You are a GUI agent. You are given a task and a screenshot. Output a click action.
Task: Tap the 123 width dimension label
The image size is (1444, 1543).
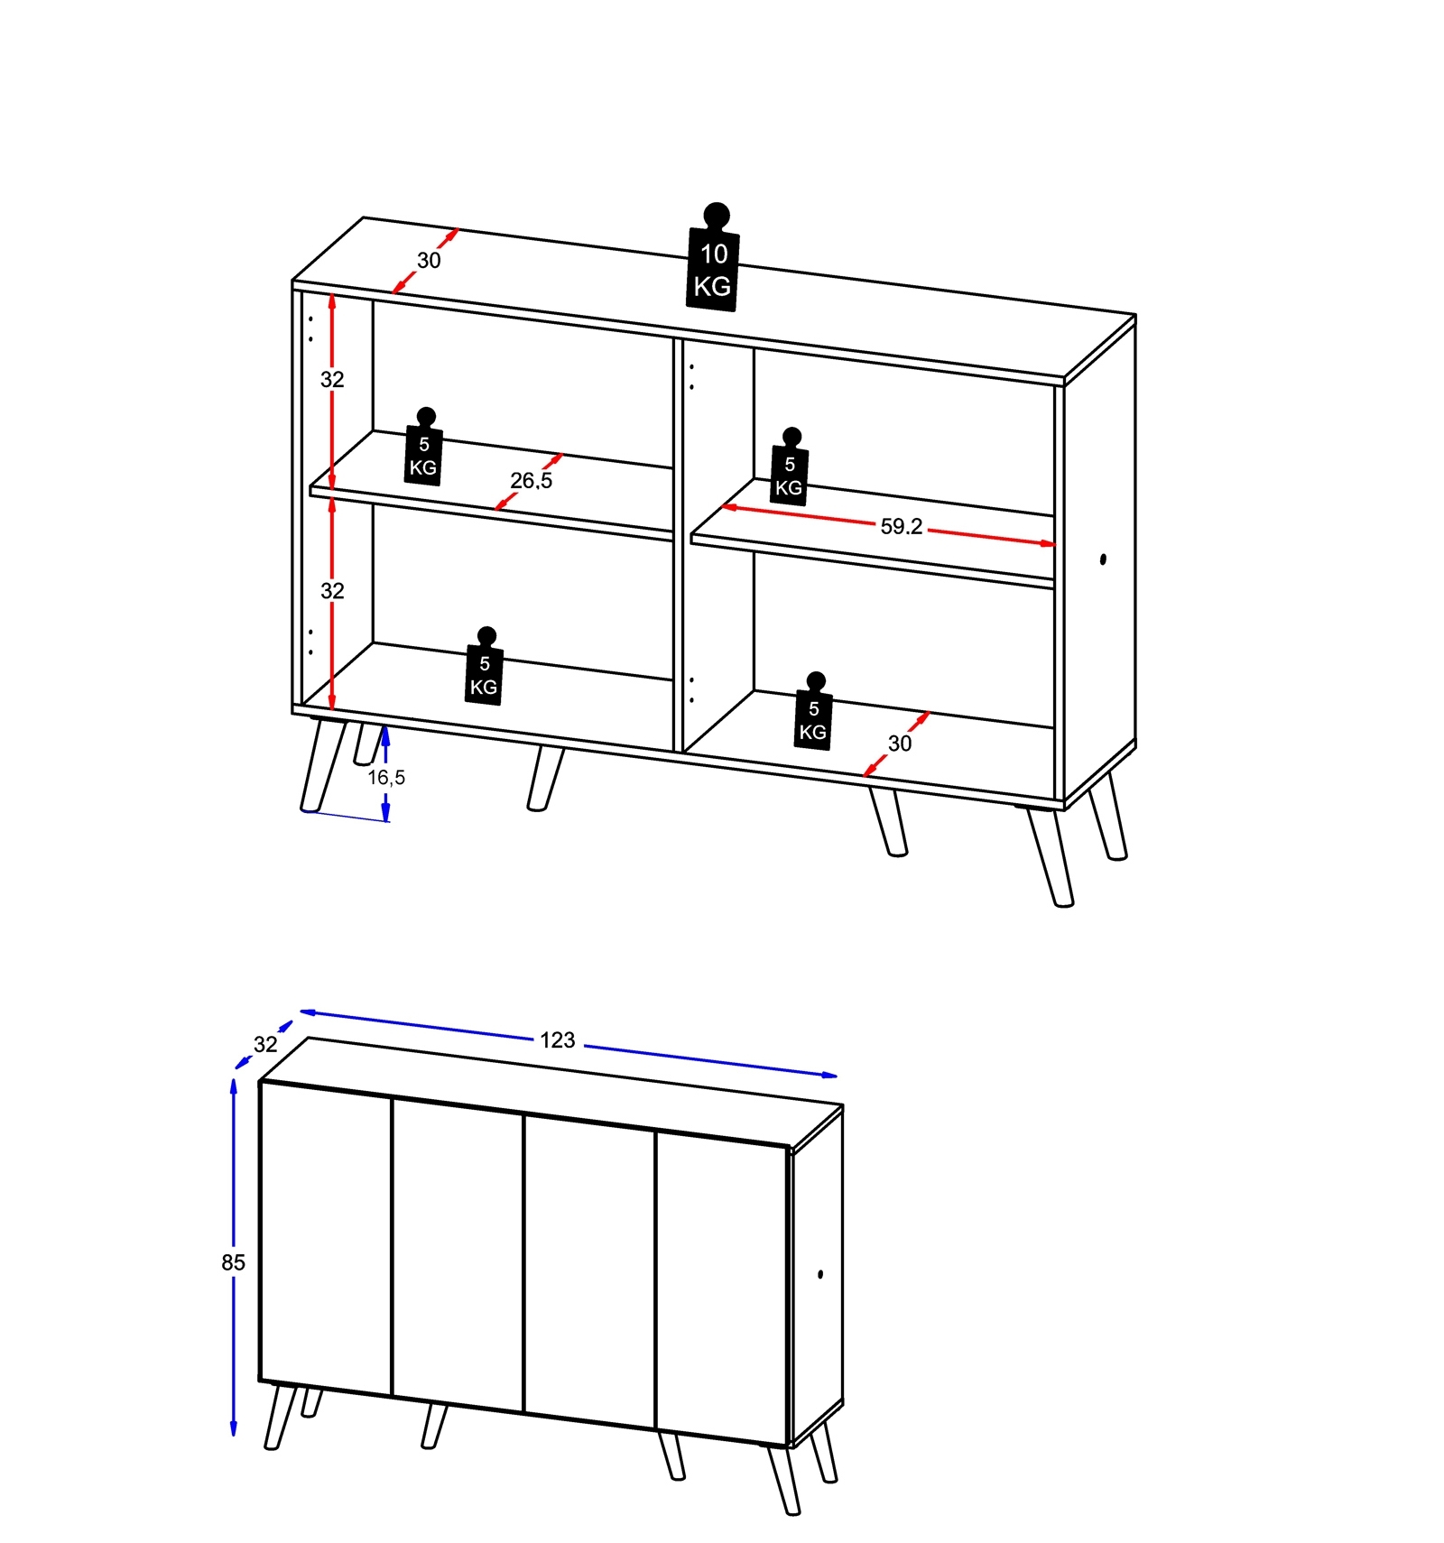tap(558, 1040)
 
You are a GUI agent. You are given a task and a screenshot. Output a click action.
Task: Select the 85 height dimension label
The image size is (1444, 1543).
tap(233, 1262)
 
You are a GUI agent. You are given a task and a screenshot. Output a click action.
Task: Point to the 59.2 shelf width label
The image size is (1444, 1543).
tap(901, 526)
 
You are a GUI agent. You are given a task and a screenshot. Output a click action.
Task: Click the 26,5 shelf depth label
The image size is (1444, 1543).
tap(531, 481)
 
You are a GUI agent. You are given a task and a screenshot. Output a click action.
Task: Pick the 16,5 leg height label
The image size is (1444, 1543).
tap(386, 777)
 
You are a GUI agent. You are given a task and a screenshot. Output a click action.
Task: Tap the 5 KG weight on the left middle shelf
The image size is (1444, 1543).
tap(423, 447)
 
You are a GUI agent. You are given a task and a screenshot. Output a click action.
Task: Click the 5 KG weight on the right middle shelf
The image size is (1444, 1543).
tap(789, 467)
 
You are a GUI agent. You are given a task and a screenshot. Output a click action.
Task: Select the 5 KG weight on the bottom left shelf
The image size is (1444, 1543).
tap(484, 666)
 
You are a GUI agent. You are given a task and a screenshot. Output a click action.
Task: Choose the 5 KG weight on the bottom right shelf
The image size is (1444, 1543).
tap(813, 711)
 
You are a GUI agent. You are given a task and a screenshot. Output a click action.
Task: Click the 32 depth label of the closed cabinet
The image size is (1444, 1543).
tap(265, 1044)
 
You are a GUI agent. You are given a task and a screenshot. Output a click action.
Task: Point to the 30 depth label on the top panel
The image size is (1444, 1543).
tap(429, 261)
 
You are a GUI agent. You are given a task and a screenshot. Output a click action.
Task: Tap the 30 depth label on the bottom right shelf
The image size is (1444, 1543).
tap(900, 744)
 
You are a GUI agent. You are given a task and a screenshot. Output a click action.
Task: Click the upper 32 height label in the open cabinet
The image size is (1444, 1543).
tap(332, 380)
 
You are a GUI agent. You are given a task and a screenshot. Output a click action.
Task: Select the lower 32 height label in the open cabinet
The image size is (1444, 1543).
tap(332, 591)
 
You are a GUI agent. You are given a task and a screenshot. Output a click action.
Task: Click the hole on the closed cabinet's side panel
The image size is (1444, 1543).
tap(820, 1274)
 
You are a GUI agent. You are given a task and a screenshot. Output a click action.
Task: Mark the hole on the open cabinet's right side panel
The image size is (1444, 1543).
tap(1103, 559)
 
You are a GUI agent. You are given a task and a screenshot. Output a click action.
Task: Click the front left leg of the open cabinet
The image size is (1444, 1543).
tap(323, 765)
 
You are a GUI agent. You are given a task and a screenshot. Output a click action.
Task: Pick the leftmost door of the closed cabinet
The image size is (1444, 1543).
tap(326, 1237)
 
